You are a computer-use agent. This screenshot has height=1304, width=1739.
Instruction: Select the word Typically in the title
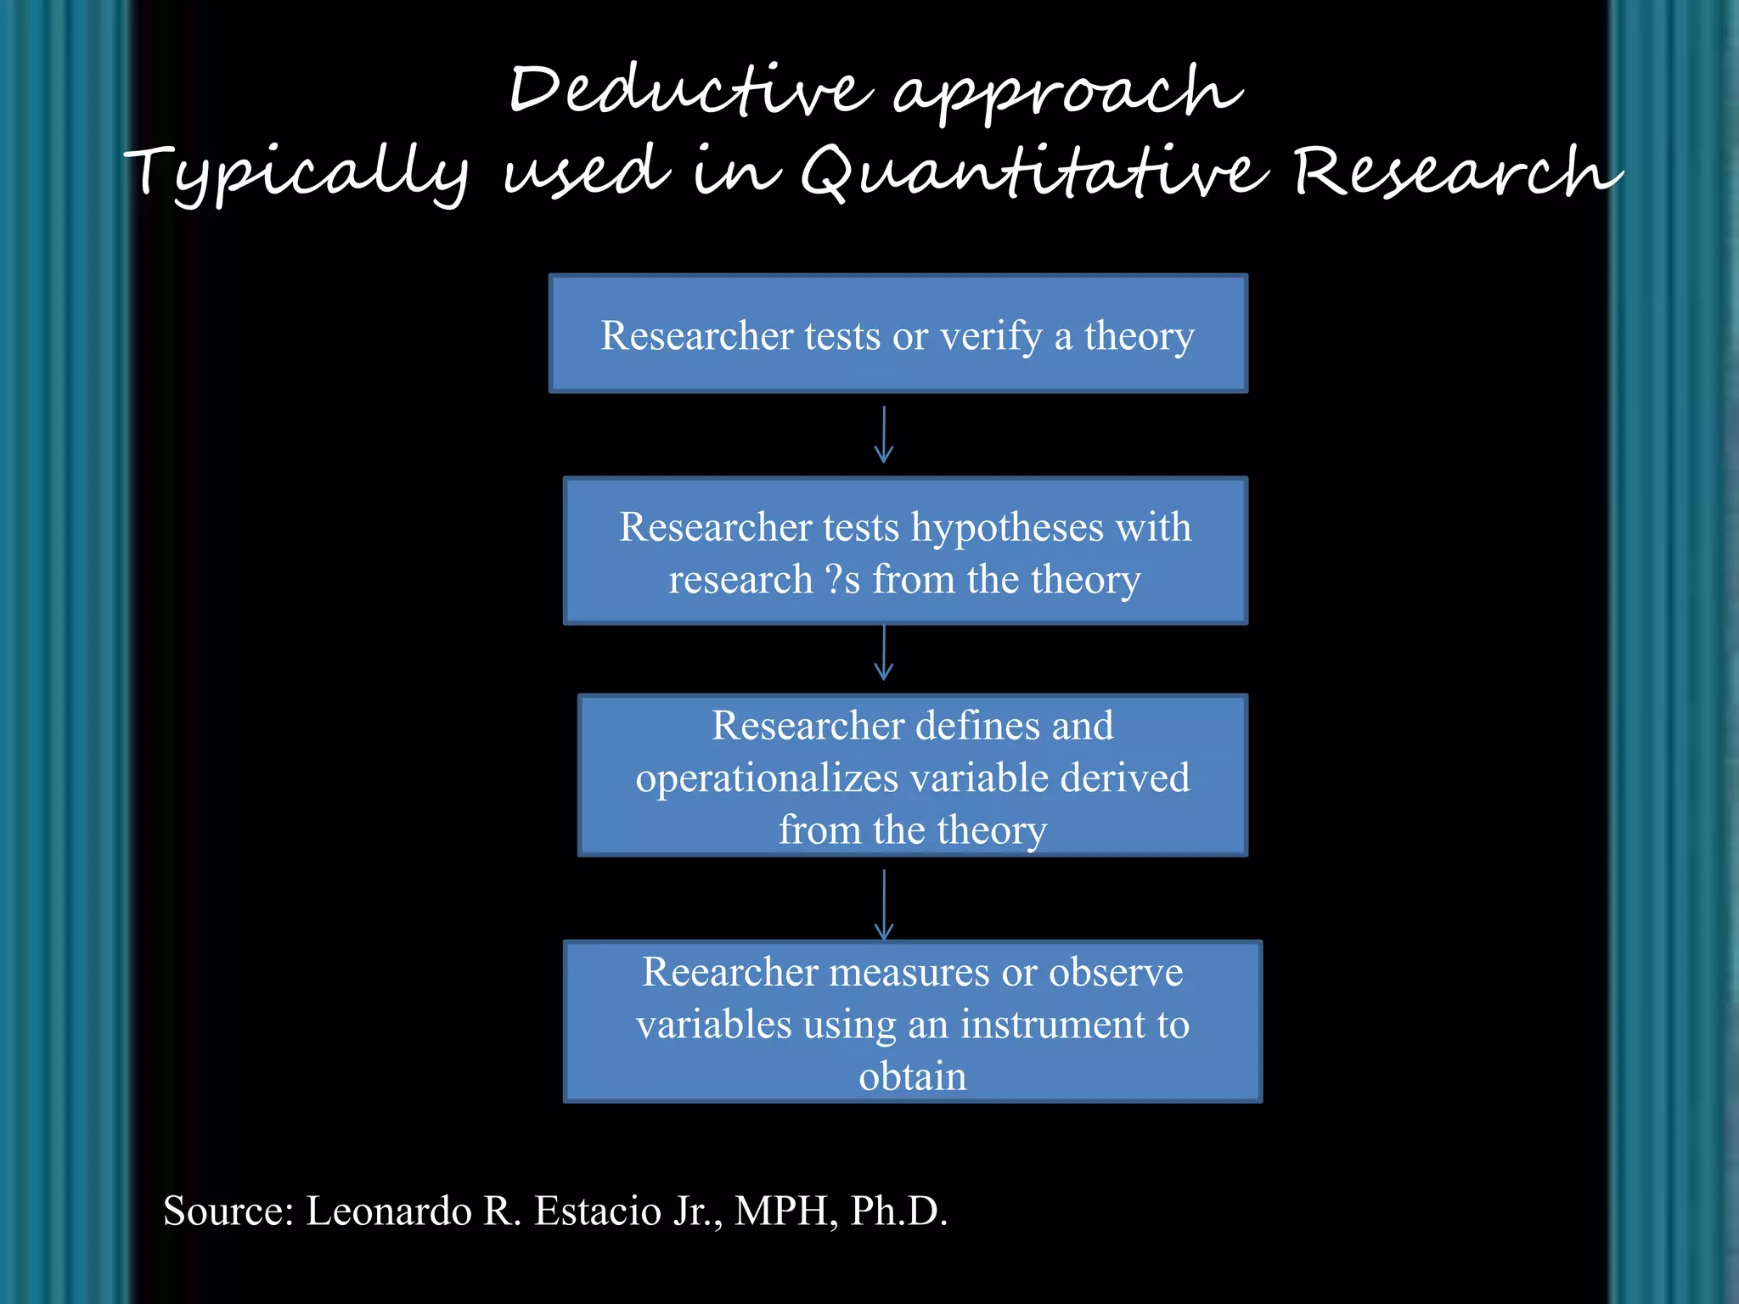[297, 174]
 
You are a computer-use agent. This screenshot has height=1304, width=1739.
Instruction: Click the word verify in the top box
[991, 336]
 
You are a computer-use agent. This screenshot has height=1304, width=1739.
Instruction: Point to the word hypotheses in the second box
[1008, 527]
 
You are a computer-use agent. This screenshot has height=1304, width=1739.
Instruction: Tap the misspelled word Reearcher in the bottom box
[729, 972]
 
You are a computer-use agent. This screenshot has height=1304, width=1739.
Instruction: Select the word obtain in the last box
[912, 1076]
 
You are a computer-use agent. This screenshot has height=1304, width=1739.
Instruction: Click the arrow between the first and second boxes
[884, 435]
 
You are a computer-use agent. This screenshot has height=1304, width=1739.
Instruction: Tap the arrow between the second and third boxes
[884, 653]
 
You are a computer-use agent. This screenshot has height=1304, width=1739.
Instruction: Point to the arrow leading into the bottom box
[884, 904]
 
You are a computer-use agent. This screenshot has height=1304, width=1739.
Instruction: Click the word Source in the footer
[228, 1211]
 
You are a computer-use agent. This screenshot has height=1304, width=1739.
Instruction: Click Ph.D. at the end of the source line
[898, 1211]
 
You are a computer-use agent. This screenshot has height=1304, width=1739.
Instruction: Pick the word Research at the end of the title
[1455, 171]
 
